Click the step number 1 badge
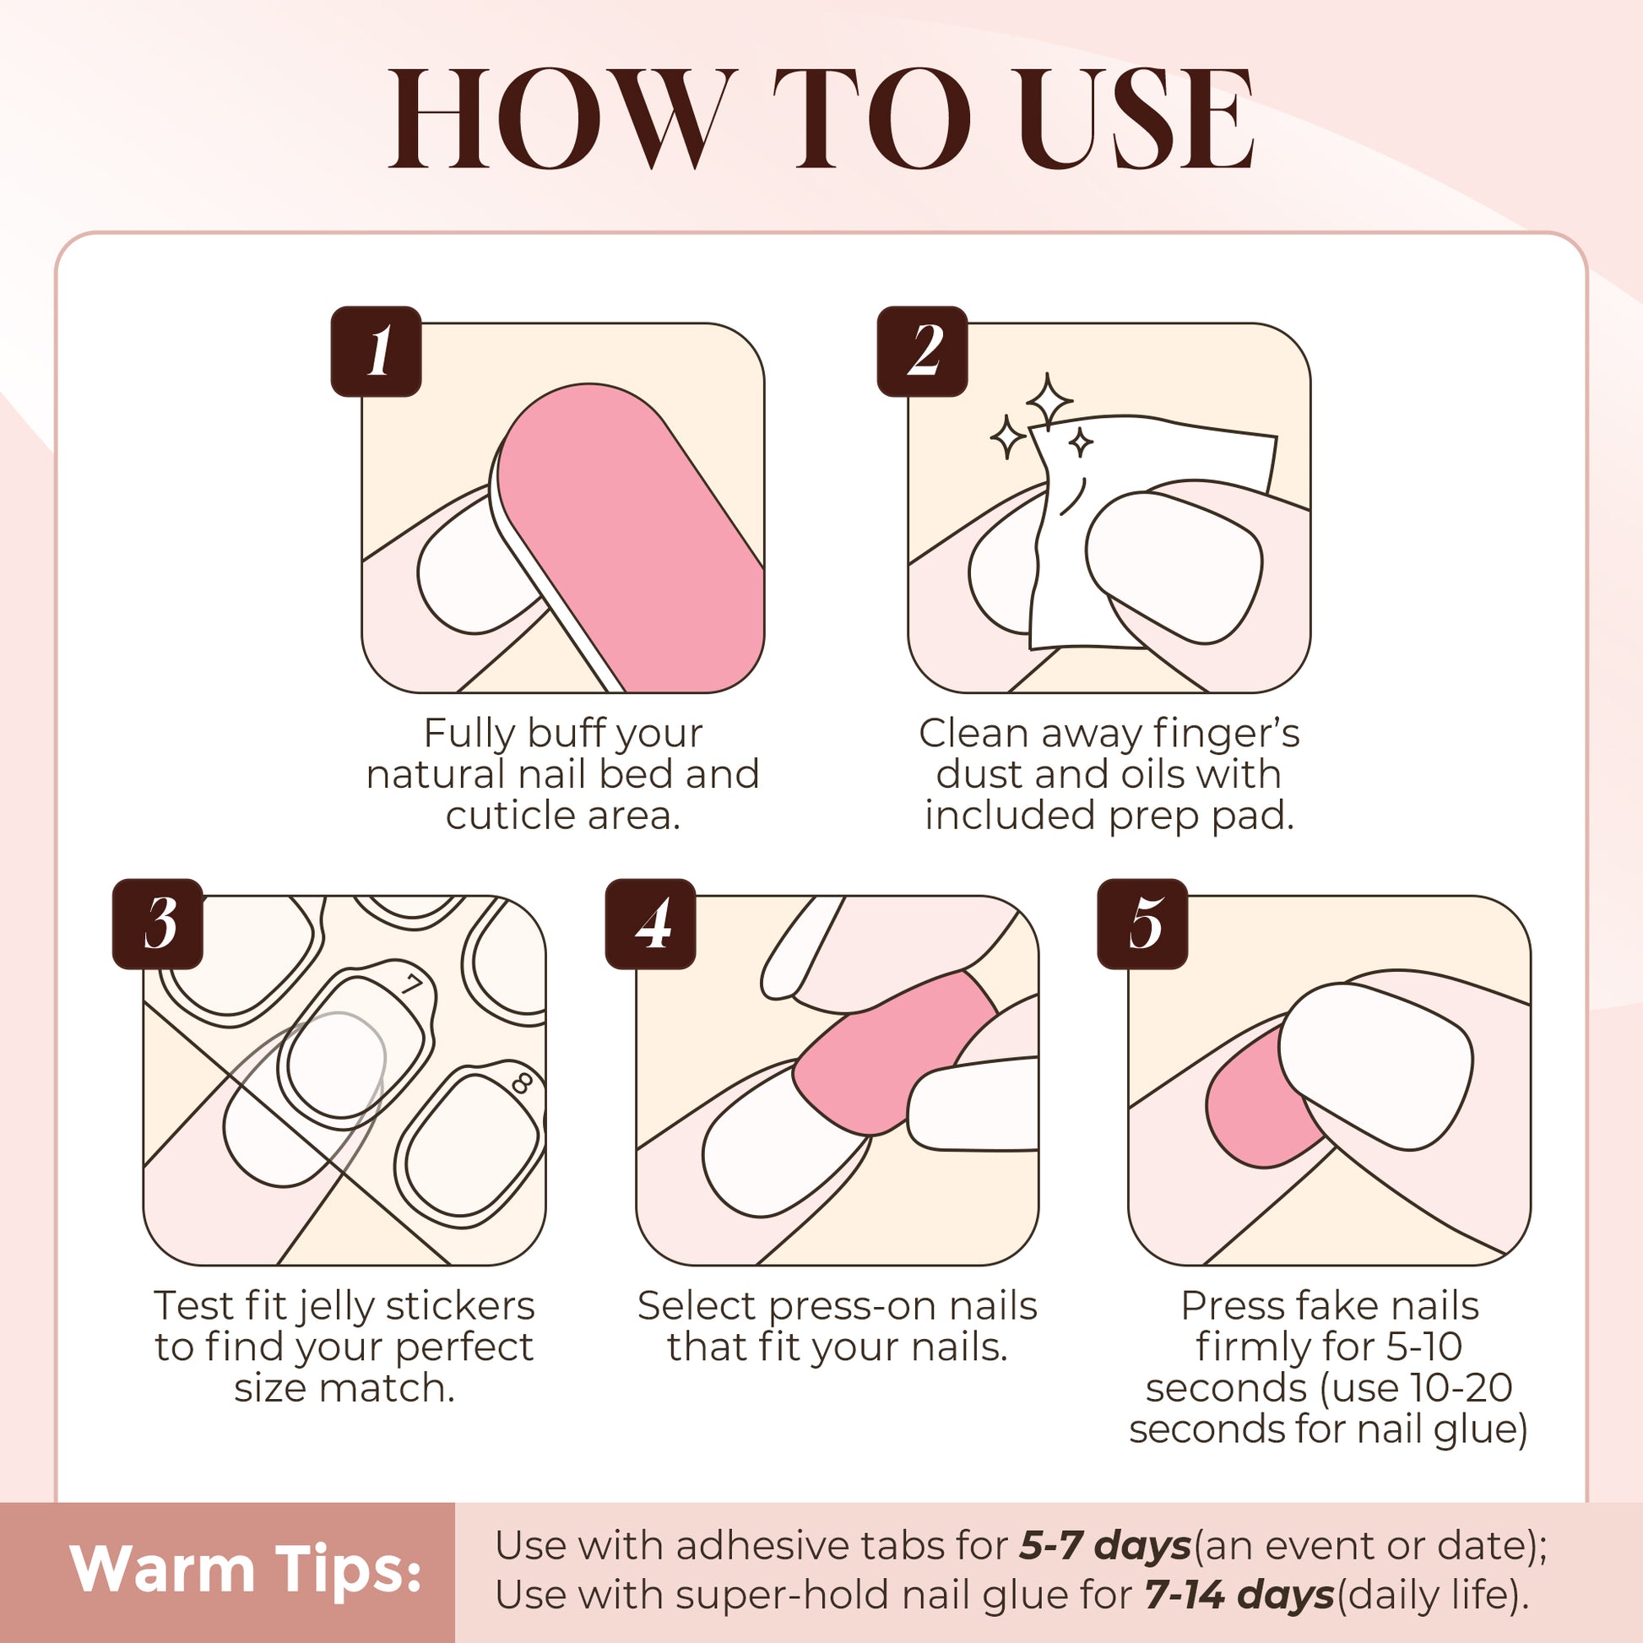(x=376, y=351)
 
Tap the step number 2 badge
(x=923, y=351)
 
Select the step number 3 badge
(x=157, y=924)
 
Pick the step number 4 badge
(x=651, y=924)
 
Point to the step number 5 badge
(x=1142, y=924)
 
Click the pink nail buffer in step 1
(x=629, y=536)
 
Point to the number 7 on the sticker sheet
(x=413, y=985)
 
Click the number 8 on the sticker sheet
(x=522, y=1083)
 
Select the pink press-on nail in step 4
(x=893, y=1055)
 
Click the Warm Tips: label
(x=246, y=1568)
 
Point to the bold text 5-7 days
(x=1104, y=1545)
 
